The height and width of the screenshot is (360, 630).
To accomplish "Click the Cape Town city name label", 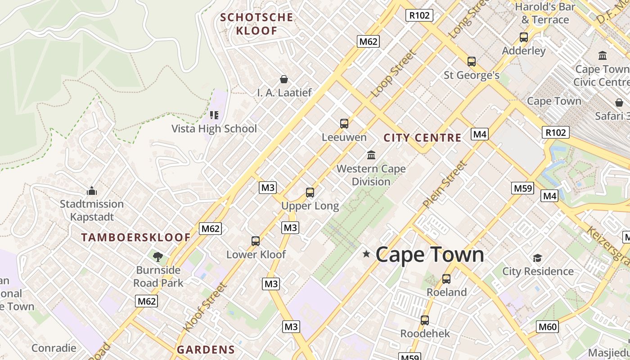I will pyautogui.click(x=429, y=255).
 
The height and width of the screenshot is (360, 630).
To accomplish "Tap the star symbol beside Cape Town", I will pyautogui.click(x=366, y=254).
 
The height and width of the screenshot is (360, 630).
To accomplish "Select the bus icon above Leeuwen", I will pyautogui.click(x=344, y=123).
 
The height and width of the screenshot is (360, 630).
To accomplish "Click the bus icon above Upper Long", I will pyautogui.click(x=310, y=193).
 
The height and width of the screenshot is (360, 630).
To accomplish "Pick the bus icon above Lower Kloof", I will pyautogui.click(x=256, y=241).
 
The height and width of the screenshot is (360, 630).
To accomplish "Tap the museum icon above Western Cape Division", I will pyautogui.click(x=371, y=155).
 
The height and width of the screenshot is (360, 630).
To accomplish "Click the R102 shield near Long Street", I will pyautogui.click(x=419, y=15).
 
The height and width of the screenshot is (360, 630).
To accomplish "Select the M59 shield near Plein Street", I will pyautogui.click(x=522, y=188).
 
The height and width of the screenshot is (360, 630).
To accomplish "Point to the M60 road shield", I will pyautogui.click(x=547, y=327).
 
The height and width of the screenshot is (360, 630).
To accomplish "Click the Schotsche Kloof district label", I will pyautogui.click(x=256, y=24).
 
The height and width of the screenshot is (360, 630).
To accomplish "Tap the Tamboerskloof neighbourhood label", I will pyautogui.click(x=135, y=237).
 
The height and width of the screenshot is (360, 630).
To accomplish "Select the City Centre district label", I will pyautogui.click(x=422, y=138).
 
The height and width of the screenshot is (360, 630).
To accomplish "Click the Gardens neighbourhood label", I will pyautogui.click(x=206, y=350).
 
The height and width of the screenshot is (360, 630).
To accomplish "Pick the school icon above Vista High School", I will pyautogui.click(x=214, y=115).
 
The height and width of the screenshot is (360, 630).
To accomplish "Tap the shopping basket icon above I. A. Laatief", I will pyautogui.click(x=284, y=79).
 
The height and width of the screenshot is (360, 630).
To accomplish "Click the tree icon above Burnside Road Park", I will pyautogui.click(x=157, y=257).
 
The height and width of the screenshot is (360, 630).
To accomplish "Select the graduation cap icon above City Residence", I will pyautogui.click(x=537, y=258).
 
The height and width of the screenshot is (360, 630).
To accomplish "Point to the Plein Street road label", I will pyautogui.click(x=445, y=184).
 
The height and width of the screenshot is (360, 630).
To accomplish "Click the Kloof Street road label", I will pyautogui.click(x=205, y=306).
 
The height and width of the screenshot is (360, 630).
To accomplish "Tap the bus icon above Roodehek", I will pyautogui.click(x=425, y=320).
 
